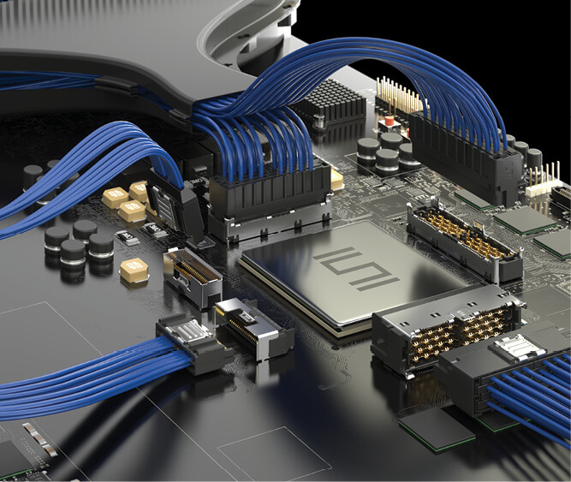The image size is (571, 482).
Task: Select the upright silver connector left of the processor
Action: (x=191, y=275)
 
